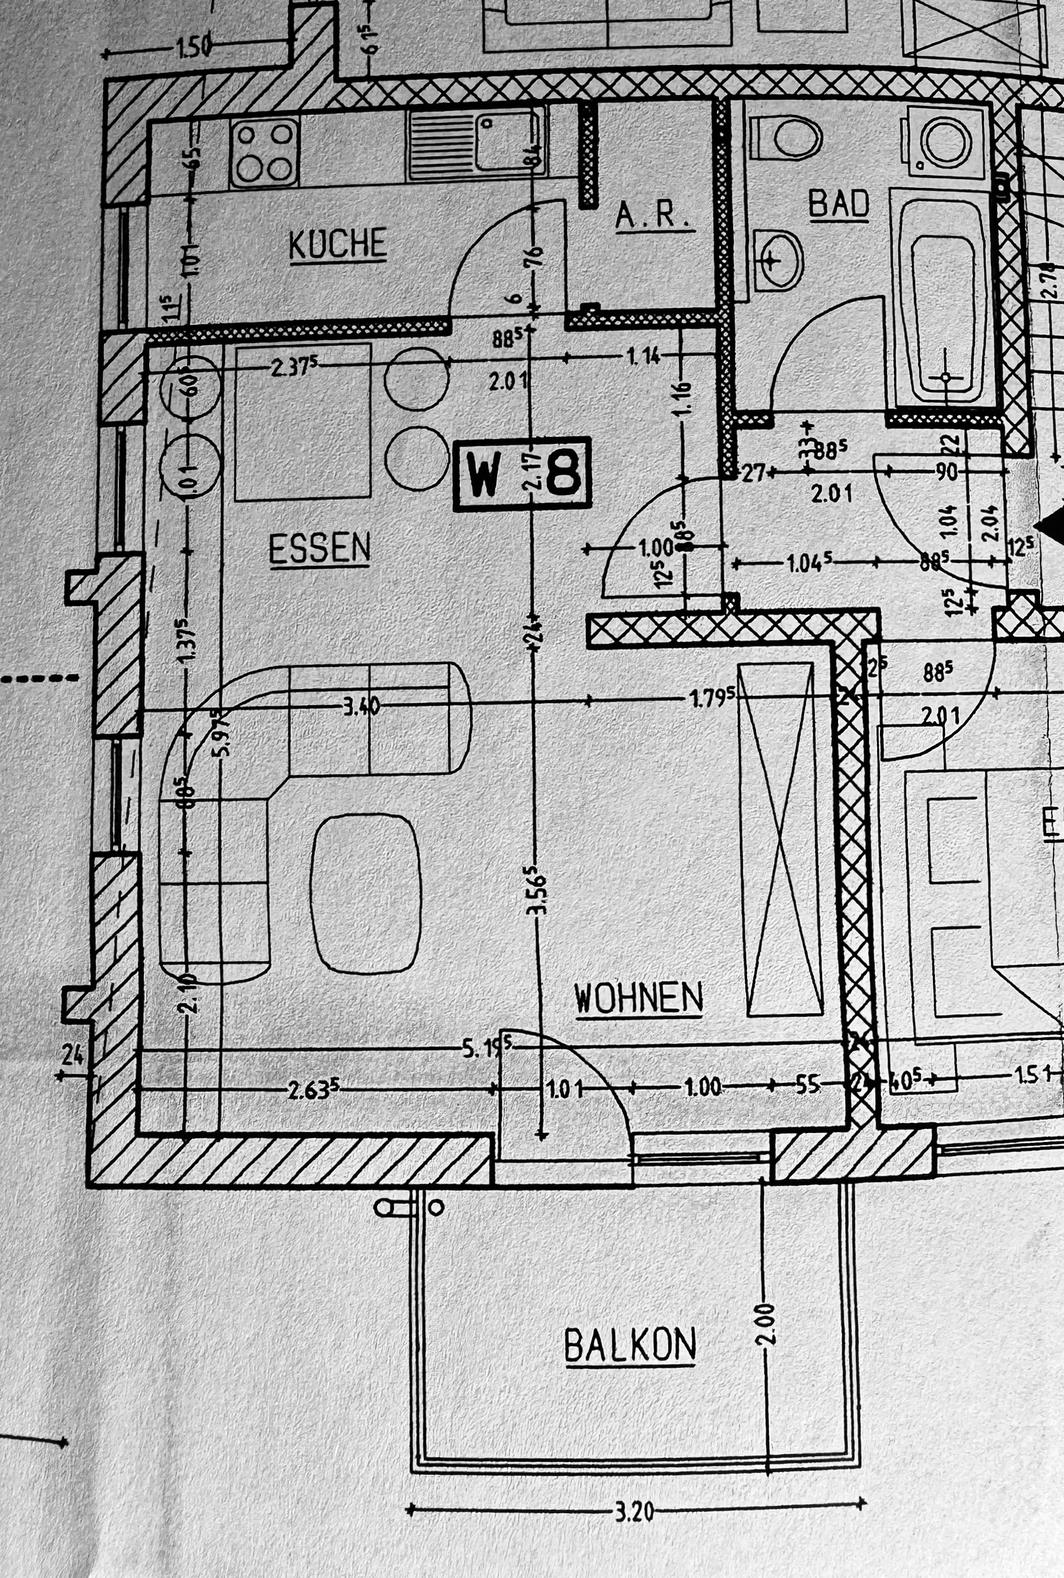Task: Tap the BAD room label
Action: [x=839, y=204]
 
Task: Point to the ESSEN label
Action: [x=320, y=548]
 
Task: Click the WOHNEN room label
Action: [x=638, y=998]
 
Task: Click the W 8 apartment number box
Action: [x=522, y=474]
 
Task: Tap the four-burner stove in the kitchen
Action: [x=264, y=153]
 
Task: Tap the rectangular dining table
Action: [x=302, y=422]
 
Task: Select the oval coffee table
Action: [x=365, y=894]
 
